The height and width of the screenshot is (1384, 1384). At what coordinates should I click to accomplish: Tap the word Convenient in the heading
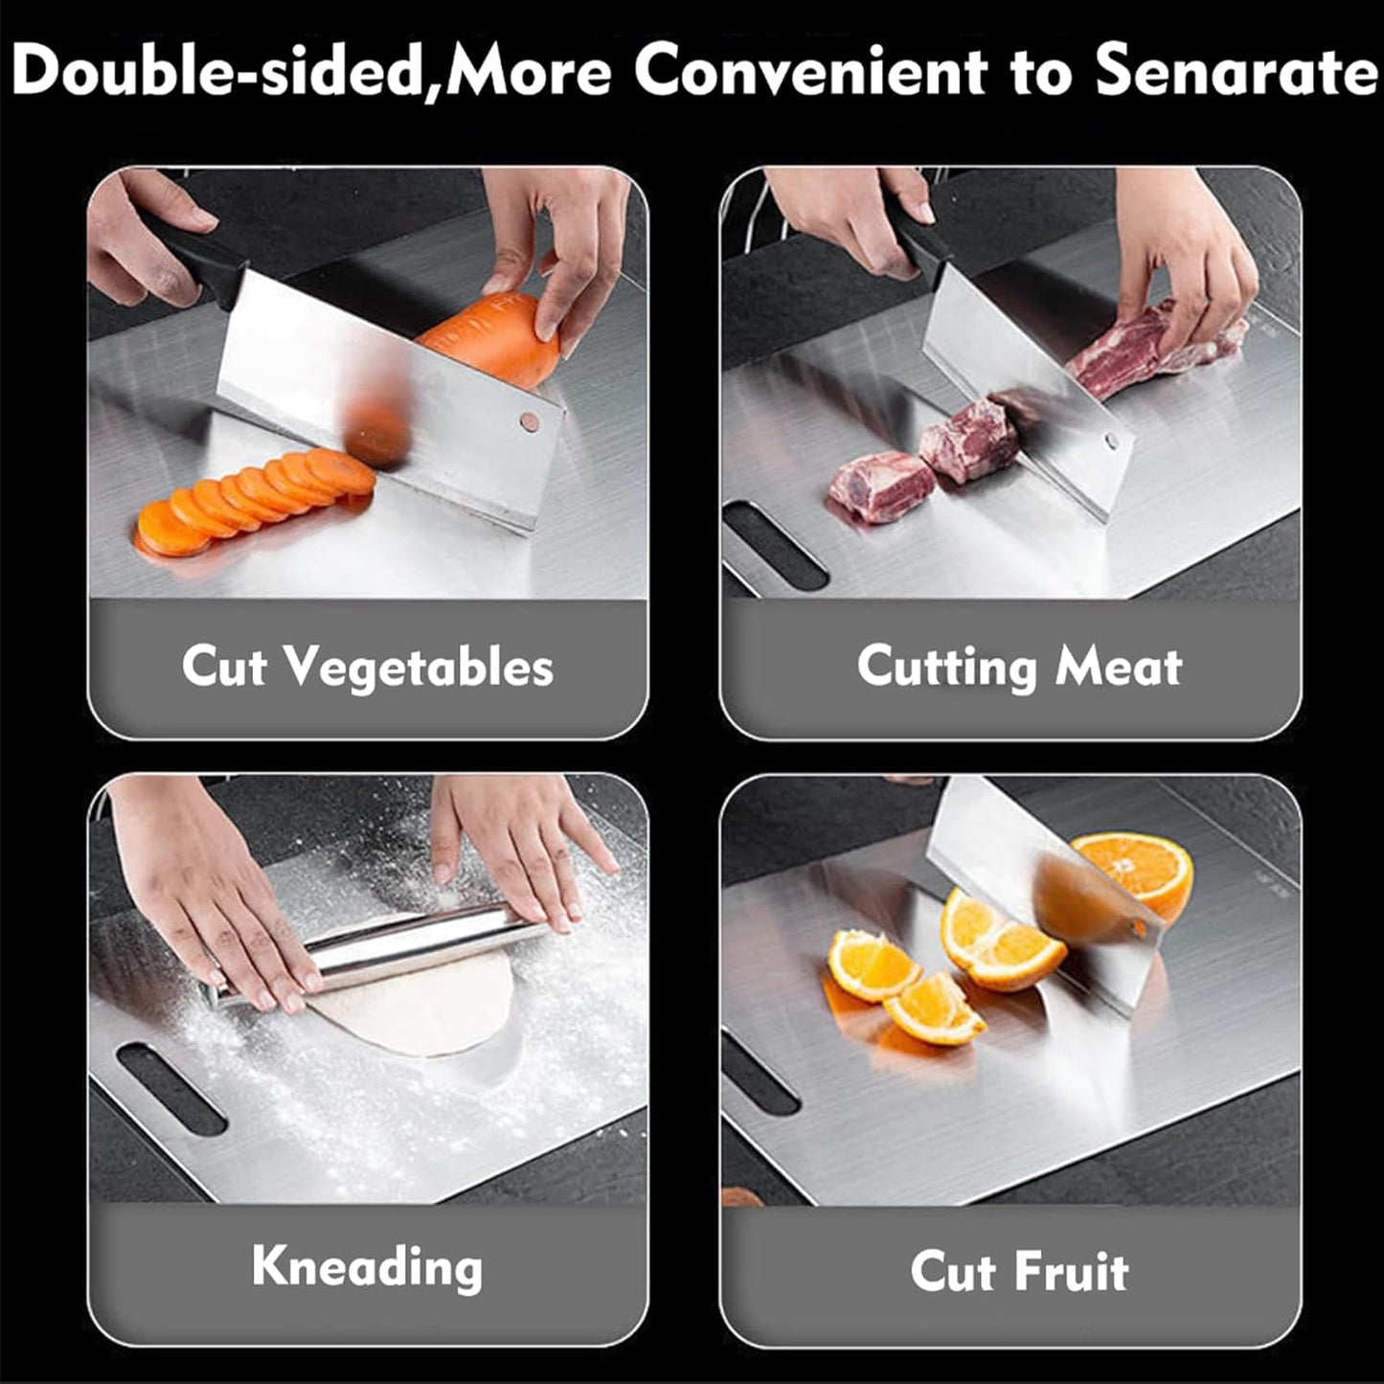coord(810,73)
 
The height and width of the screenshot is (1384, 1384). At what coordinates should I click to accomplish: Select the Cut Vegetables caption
coord(368,666)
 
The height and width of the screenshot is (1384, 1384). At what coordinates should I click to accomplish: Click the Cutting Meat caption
coord(1019,666)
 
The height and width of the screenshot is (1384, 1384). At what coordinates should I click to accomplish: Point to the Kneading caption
coord(368,1266)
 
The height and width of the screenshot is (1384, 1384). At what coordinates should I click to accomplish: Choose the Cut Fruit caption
coord(1019,1271)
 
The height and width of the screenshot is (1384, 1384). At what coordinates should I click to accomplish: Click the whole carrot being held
coord(493,335)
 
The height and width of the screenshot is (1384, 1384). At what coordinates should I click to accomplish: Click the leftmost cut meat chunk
coord(876,487)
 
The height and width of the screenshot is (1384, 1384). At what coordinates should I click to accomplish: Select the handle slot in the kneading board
coord(171,1087)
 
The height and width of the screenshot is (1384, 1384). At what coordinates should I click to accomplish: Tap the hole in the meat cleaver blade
coord(1112,442)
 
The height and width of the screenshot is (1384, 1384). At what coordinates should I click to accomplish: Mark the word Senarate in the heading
coord(1236,73)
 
